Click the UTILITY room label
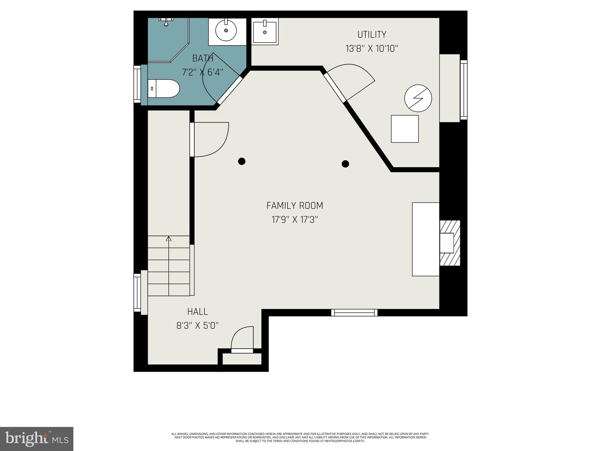tap(372, 35)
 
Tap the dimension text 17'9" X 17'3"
tap(295, 220)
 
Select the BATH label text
tap(202, 58)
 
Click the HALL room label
tap(197, 312)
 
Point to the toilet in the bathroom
tap(164, 88)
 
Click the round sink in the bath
tap(226, 31)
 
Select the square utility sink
tap(265, 32)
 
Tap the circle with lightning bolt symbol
tap(418, 98)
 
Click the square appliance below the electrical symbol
tap(405, 129)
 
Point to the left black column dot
tap(242, 161)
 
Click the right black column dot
tap(345, 164)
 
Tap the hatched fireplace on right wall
tap(450, 243)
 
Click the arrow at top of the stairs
tap(169, 239)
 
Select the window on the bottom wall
tap(354, 313)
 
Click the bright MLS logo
tap(37, 439)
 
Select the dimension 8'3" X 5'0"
tap(197, 326)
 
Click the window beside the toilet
tap(137, 84)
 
